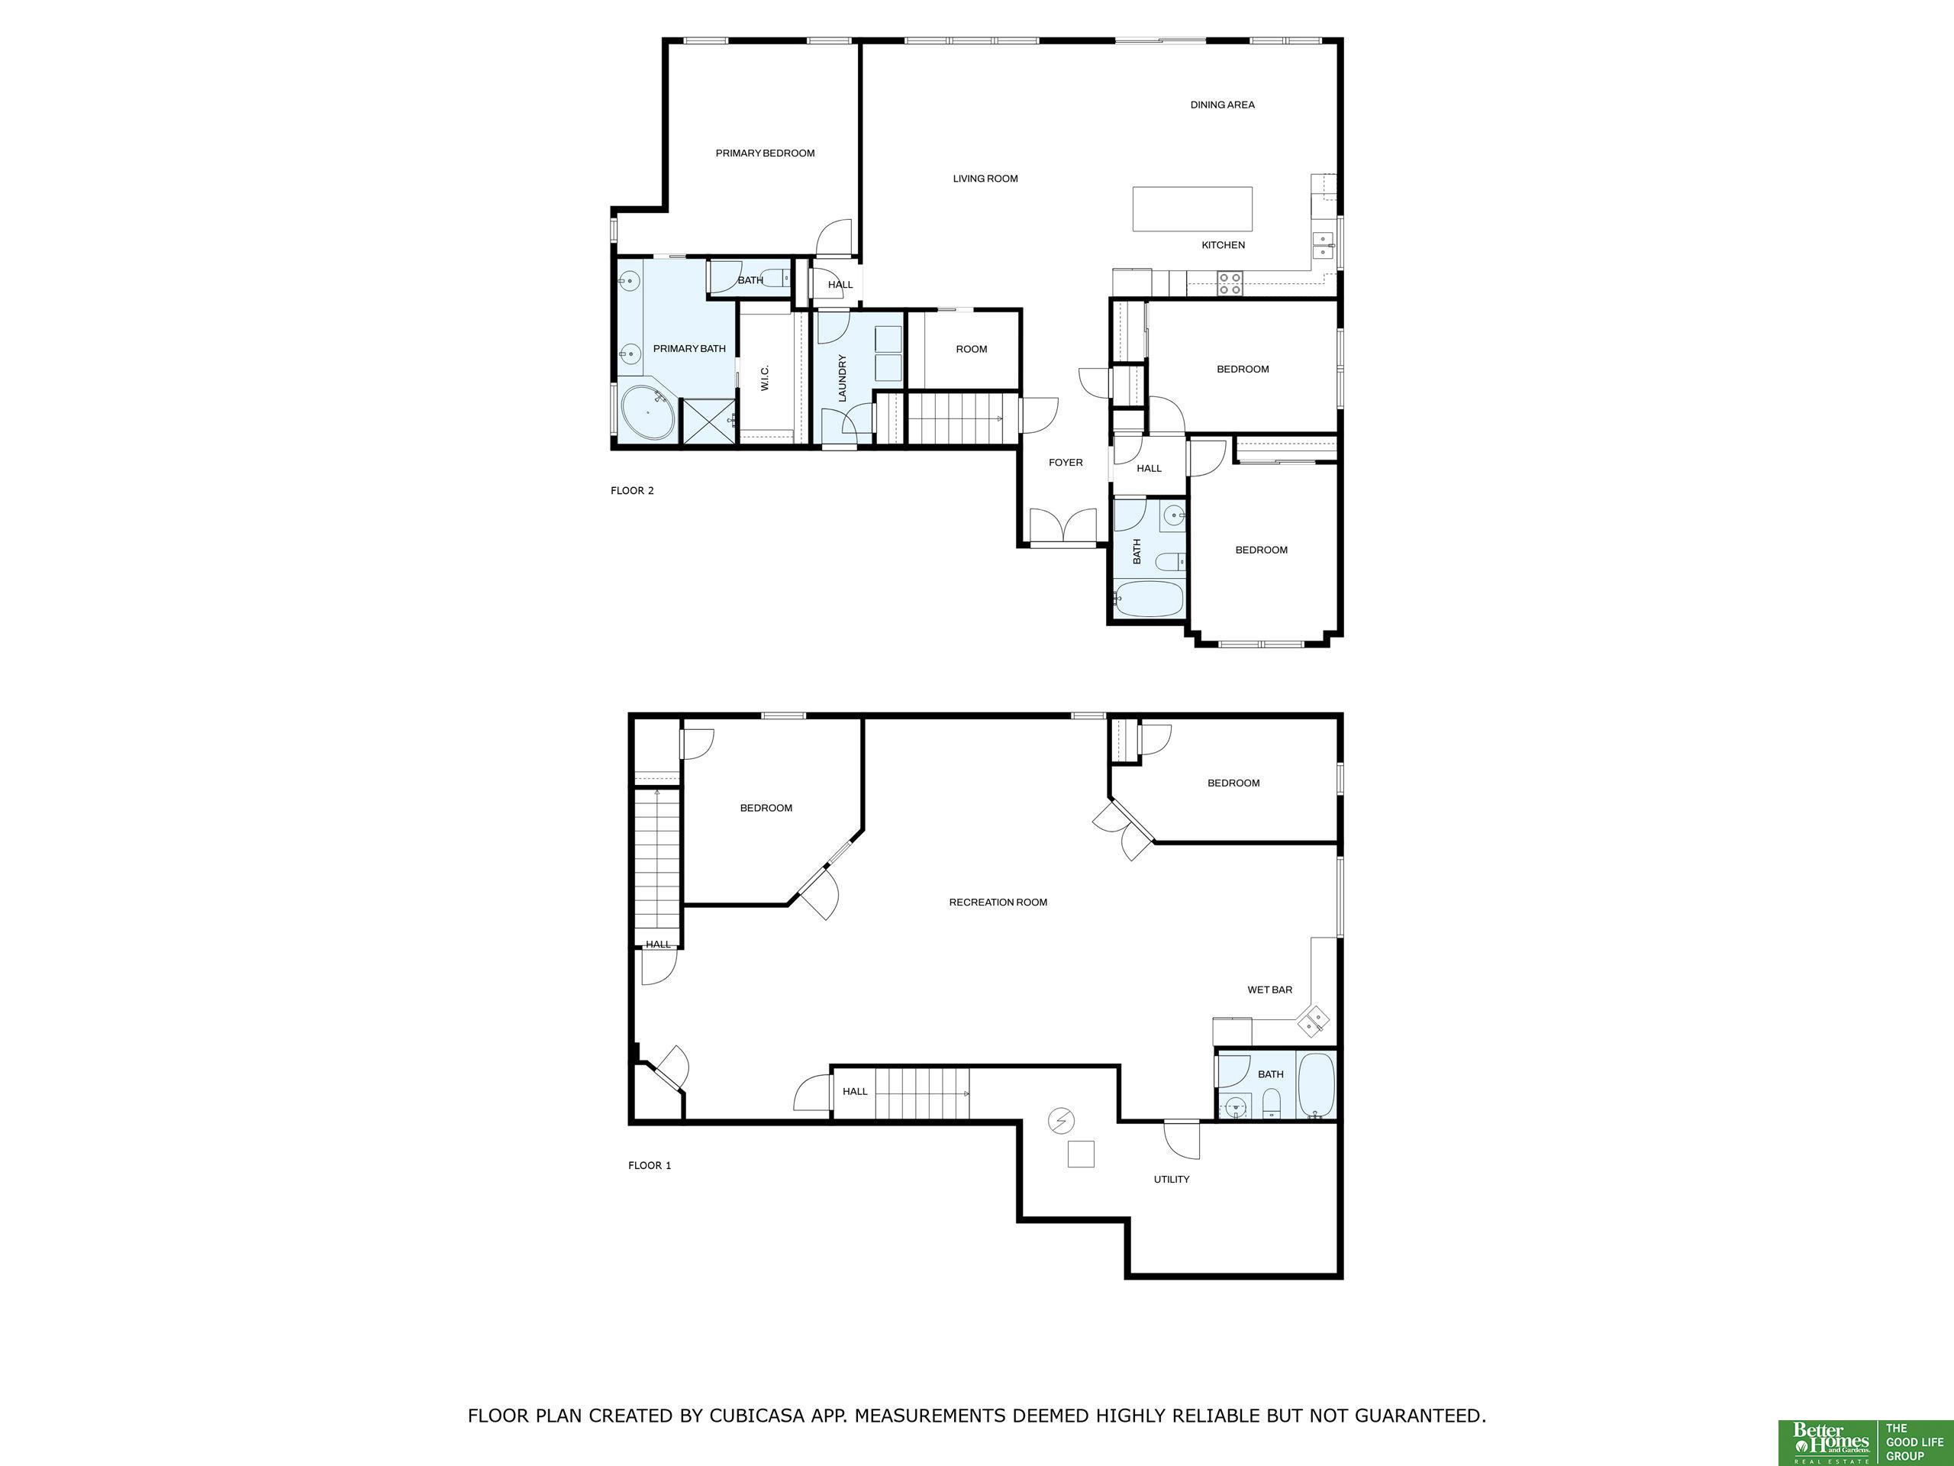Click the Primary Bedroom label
pyautogui.click(x=765, y=153)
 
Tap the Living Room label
pyautogui.click(x=985, y=179)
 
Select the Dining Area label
pyautogui.click(x=1222, y=105)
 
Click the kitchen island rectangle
pyautogui.click(x=1192, y=208)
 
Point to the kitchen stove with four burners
pyautogui.click(x=1229, y=283)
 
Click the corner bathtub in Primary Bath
pyautogui.click(x=650, y=414)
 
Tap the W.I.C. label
pyautogui.click(x=765, y=378)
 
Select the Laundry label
pyautogui.click(x=842, y=378)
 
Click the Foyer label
pyautogui.click(x=1066, y=462)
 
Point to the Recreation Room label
pyautogui.click(x=998, y=903)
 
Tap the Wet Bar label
pyautogui.click(x=1269, y=990)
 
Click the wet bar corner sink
pyautogui.click(x=1313, y=1022)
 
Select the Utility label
pyautogui.click(x=1172, y=1179)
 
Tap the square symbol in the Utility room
pyautogui.click(x=1082, y=1154)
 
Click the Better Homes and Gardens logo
pyautogui.click(x=1830, y=1442)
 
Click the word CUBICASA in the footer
pyautogui.click(x=757, y=1416)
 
